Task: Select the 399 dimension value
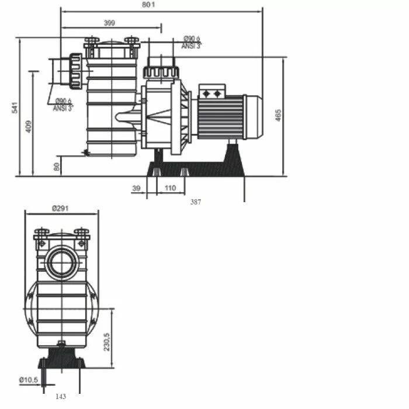click(109, 23)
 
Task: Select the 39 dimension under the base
click(137, 188)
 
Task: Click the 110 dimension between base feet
click(170, 188)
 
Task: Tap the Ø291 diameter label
click(61, 208)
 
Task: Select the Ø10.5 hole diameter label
click(29, 380)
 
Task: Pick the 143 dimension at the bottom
click(61, 396)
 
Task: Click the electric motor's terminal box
click(212, 92)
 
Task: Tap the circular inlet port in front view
click(62, 262)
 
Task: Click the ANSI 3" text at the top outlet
click(190, 46)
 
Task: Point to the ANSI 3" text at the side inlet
click(63, 108)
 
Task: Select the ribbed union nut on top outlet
click(161, 72)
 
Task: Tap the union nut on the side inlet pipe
click(75, 71)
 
